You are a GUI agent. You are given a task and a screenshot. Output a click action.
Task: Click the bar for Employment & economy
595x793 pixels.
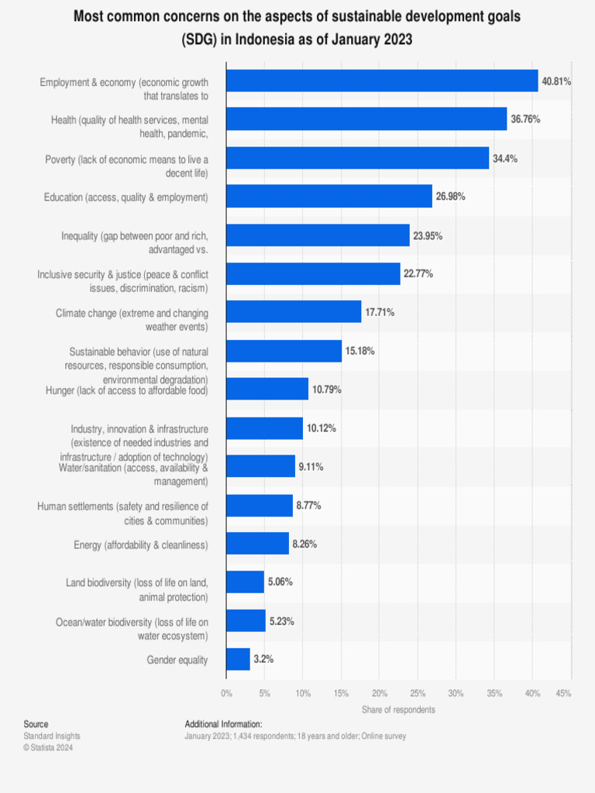[382, 81]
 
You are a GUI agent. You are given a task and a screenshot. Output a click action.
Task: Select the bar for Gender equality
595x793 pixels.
[238, 660]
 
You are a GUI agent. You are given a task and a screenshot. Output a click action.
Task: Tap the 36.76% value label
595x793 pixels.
[525, 119]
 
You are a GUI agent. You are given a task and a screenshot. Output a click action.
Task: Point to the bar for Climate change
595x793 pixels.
[294, 312]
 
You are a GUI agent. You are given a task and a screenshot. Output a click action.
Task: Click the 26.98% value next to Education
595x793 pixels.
[450, 197]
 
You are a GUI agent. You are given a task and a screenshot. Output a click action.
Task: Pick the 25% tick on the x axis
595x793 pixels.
[418, 694]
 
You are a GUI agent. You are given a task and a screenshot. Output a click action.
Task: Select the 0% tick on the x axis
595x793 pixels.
[227, 694]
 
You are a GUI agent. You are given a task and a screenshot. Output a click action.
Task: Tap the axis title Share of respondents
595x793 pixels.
[398, 709]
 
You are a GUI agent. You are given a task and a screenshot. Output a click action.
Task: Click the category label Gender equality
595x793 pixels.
[177, 660]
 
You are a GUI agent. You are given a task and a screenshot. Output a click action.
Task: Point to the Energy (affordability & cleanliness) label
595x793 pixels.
[141, 544]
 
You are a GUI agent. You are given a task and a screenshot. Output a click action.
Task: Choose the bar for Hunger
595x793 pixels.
[267, 389]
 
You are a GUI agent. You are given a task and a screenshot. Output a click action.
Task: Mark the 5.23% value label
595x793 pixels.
[280, 621]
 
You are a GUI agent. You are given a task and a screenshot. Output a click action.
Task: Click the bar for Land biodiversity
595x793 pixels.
[245, 582]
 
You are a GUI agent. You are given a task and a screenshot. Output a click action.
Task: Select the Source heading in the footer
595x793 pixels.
[36, 724]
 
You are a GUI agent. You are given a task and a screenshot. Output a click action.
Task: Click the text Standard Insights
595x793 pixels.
[52, 736]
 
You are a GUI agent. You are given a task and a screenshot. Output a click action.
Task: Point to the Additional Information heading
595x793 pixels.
[223, 724]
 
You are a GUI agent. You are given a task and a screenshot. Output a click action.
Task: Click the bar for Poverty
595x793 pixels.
[358, 158]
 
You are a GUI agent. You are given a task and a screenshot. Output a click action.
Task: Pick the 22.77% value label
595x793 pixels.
[418, 273]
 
